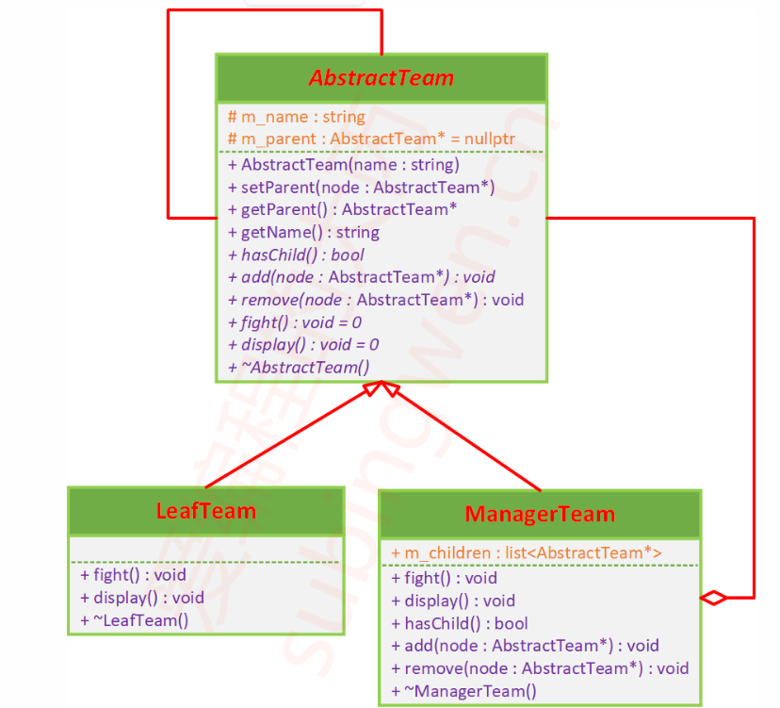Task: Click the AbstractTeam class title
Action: (382, 77)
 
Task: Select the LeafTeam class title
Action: (205, 511)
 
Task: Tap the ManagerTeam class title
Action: (540, 514)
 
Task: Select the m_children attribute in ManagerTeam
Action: (526, 552)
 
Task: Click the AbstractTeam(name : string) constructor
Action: (344, 164)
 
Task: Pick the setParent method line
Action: (361, 187)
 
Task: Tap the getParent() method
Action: (343, 209)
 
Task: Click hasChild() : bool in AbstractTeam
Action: (296, 255)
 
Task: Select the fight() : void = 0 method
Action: (295, 322)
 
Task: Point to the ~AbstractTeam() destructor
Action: (299, 368)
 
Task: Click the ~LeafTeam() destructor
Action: (134, 620)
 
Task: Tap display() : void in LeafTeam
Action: (141, 598)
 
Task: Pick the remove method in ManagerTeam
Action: (540, 669)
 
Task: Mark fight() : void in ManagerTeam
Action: (444, 579)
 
